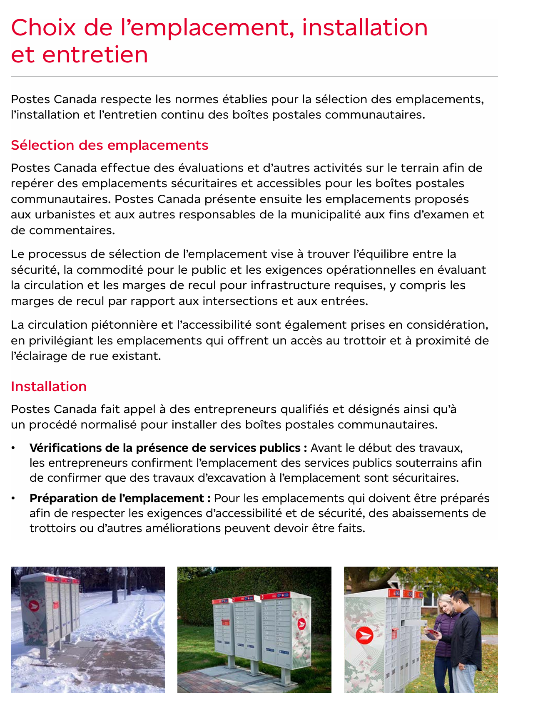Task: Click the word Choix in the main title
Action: click(43, 27)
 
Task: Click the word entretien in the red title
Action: click(95, 54)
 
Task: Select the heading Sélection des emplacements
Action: click(110, 145)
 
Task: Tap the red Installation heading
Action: click(49, 386)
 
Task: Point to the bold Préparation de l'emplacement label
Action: click(117, 498)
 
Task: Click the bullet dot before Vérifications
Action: click(14, 448)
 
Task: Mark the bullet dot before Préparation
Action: click(14, 498)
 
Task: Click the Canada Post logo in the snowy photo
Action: click(34, 606)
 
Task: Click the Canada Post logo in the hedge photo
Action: click(301, 624)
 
